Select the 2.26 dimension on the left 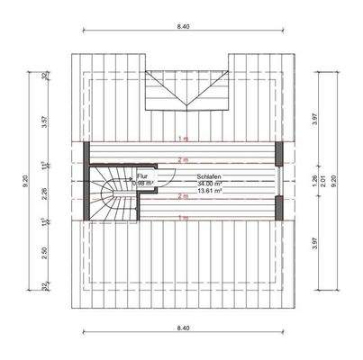tap(43, 190)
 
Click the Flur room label tap(141, 176)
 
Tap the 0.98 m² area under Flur tap(143, 184)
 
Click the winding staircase tap(110, 191)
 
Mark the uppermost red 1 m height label tap(183, 139)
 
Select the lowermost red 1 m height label tap(183, 218)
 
